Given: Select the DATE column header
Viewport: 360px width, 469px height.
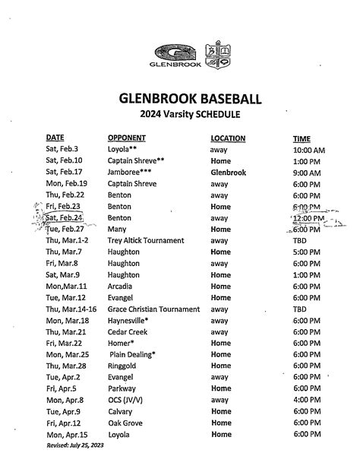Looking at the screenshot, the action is [55, 138].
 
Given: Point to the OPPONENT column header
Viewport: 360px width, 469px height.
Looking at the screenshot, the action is [127, 138].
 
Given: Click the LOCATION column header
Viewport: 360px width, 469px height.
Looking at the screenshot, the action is [228, 138].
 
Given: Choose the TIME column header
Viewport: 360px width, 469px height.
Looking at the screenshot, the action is [302, 138].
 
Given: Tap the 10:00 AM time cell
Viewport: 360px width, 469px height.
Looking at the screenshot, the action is [308, 151].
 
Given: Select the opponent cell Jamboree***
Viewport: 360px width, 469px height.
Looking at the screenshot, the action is [129, 173].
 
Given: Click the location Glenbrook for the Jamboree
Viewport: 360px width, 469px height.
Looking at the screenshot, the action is [229, 173].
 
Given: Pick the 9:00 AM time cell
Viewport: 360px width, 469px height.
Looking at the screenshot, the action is [307, 173].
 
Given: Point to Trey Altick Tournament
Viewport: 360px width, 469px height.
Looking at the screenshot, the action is [144, 240].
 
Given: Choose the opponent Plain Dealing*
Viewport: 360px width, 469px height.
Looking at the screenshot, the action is [133, 354].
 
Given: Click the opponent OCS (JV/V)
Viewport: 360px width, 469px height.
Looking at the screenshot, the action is [129, 400].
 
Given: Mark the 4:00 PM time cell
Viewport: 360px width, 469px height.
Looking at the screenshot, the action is [307, 400].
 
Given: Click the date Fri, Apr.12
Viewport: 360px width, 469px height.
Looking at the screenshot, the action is [64, 423].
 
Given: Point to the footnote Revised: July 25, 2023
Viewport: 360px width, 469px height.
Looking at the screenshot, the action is [75, 445].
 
